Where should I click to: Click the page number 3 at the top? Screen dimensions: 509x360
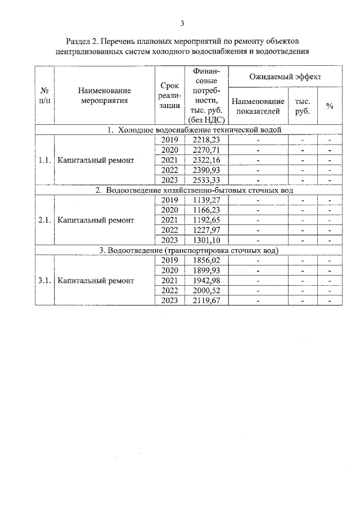tap(182, 23)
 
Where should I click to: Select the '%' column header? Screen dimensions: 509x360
tap(330, 106)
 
